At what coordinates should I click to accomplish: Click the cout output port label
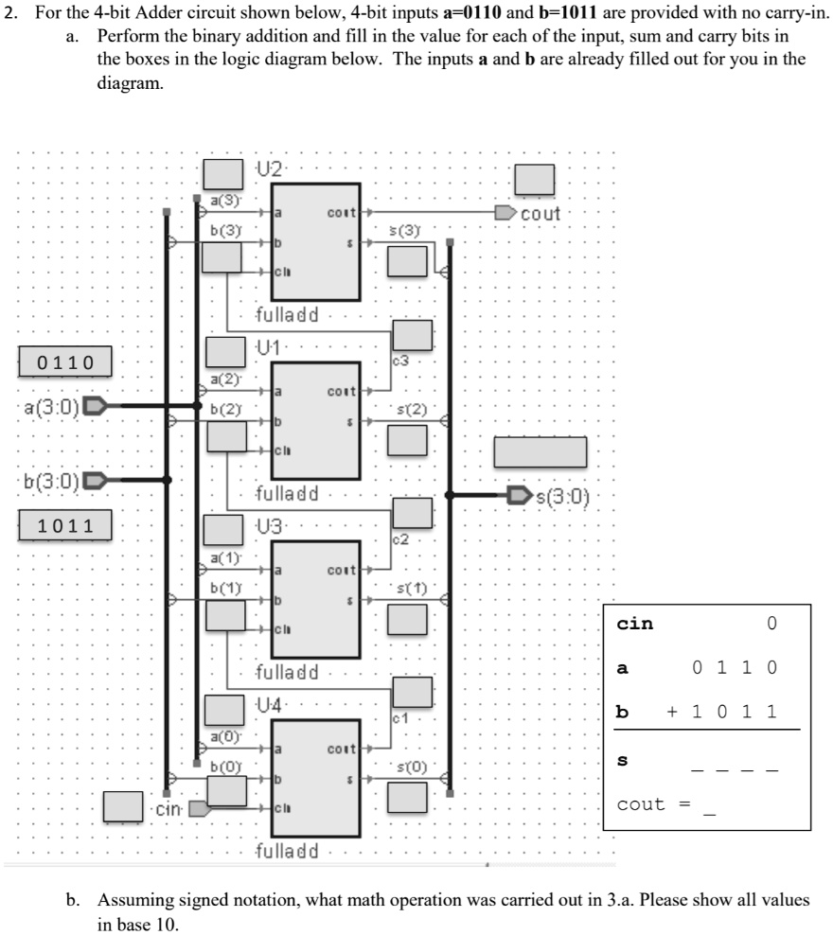click(541, 214)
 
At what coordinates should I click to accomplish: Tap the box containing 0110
click(65, 362)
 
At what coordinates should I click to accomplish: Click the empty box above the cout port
click(535, 180)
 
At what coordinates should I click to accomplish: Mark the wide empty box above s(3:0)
click(541, 451)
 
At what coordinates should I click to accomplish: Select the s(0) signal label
click(413, 763)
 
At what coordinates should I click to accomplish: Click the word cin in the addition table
click(635, 624)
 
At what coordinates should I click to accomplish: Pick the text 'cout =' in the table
click(654, 804)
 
